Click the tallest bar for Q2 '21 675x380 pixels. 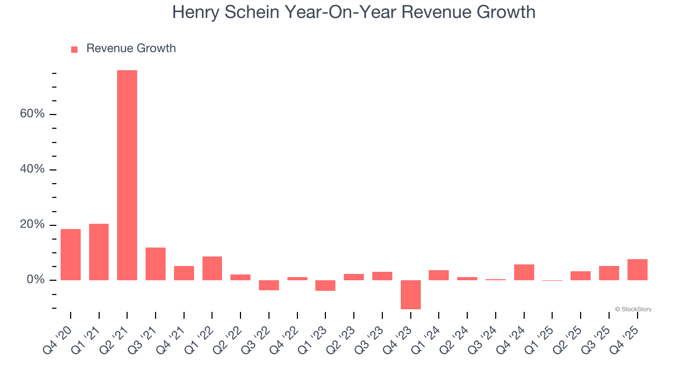(x=127, y=175)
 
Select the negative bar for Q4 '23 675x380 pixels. (x=411, y=294)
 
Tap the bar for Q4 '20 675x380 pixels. (x=71, y=254)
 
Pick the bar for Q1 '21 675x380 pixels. (x=99, y=252)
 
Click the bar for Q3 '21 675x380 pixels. (x=156, y=263)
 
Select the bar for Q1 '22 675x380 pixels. (x=212, y=268)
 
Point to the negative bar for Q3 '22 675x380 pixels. (x=269, y=285)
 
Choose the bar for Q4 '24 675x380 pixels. (x=524, y=272)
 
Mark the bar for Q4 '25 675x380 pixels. (x=638, y=269)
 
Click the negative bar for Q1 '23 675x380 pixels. (x=325, y=286)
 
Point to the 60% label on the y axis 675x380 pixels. (x=32, y=115)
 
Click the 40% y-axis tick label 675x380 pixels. (x=32, y=169)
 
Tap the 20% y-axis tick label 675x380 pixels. (x=32, y=225)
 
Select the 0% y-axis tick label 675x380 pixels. (x=35, y=280)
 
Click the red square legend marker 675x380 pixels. (x=74, y=49)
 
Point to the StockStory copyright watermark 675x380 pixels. (x=633, y=309)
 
